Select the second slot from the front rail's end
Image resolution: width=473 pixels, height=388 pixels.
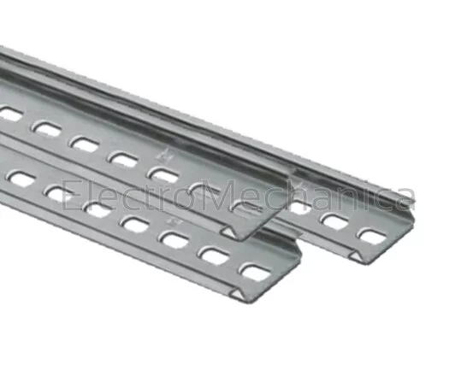coord(214,256)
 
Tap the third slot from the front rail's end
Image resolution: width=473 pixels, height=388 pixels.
coord(174,240)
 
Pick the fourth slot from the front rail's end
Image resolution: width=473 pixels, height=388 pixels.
coord(134,225)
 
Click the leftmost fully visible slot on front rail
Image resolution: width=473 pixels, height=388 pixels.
coord(20,179)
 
